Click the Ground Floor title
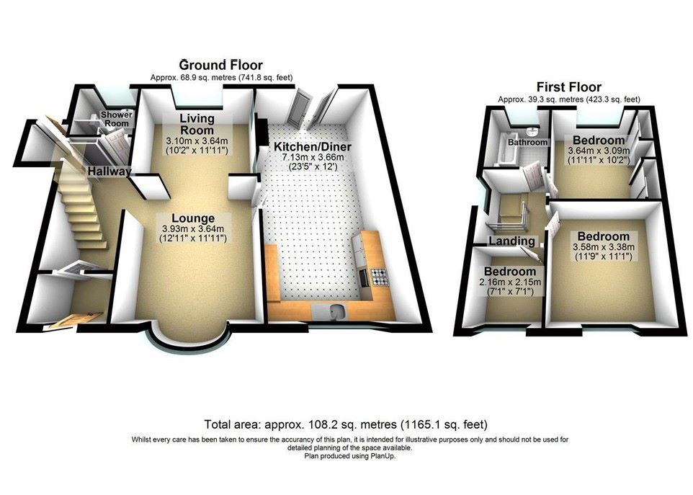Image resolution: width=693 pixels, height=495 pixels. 221,66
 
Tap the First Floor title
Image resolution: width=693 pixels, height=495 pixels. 569,87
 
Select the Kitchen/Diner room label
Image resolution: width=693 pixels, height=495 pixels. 313,147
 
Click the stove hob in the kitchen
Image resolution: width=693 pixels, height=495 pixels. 378,277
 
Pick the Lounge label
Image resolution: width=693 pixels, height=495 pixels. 193,218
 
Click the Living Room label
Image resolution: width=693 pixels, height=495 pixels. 197,124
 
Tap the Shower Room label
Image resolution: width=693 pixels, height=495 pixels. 117,119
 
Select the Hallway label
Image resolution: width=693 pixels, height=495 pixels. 109,171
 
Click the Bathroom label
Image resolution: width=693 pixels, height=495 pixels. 528,143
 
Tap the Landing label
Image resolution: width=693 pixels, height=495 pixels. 511,241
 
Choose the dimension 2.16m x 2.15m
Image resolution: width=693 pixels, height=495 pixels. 510,282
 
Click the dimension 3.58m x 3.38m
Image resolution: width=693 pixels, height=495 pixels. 603,247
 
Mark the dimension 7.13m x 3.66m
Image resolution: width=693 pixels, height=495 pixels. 313,158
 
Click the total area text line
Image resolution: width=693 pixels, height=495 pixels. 346,424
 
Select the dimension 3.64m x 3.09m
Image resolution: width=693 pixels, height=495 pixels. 599,151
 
